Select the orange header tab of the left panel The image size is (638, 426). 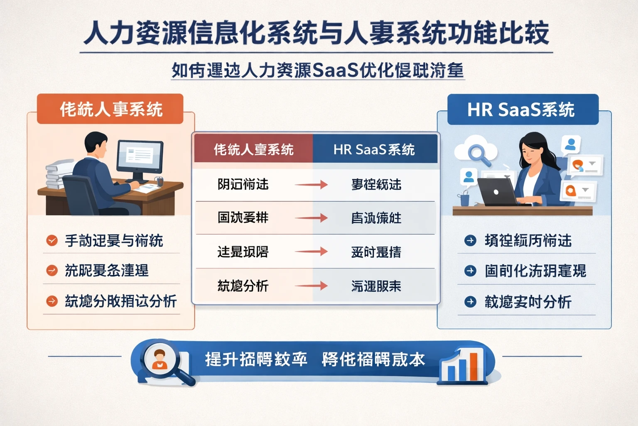[110, 109]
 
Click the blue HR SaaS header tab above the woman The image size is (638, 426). [523, 110]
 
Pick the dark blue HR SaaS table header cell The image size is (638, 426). [374, 149]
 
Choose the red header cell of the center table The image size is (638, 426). [253, 149]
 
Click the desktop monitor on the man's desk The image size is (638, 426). [140, 158]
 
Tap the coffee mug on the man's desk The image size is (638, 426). [159, 181]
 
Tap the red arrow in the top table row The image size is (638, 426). [311, 184]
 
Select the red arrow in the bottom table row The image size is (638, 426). [311, 286]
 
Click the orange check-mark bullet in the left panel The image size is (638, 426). [52, 240]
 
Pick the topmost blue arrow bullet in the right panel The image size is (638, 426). [470, 240]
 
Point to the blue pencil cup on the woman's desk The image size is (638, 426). [464, 199]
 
